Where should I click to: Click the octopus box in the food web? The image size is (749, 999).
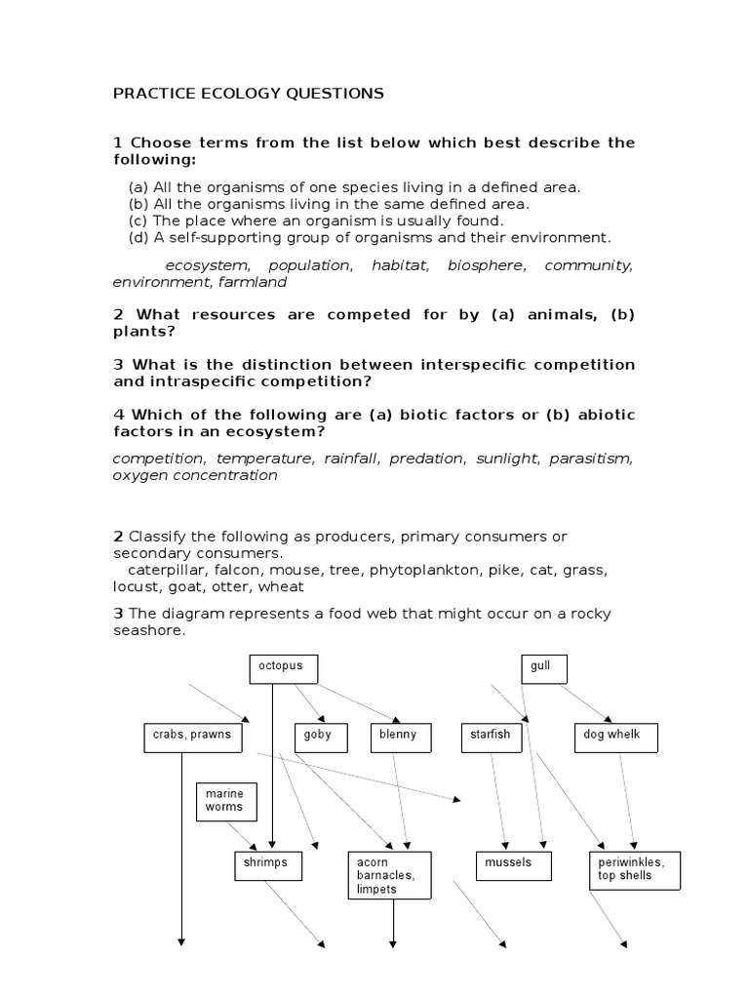pyautogui.click(x=283, y=668)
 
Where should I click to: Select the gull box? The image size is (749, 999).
pyautogui.click(x=544, y=668)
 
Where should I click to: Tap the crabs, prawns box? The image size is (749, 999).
pyautogui.click(x=192, y=738)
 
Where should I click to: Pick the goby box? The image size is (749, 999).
pyautogui.click(x=317, y=738)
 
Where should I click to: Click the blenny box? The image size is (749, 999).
pyautogui.click(x=400, y=738)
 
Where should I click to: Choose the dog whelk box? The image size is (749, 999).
pyautogui.click(x=616, y=738)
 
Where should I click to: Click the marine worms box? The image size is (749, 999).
pyautogui.click(x=224, y=801)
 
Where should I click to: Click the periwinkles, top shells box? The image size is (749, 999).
pyautogui.click(x=634, y=869)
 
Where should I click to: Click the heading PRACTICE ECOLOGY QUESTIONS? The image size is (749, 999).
pyautogui.click(x=249, y=94)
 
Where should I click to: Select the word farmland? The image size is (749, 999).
pyautogui.click(x=252, y=282)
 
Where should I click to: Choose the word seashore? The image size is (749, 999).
pyautogui.click(x=148, y=629)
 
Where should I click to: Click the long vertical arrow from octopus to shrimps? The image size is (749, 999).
pyautogui.click(x=272, y=761)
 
